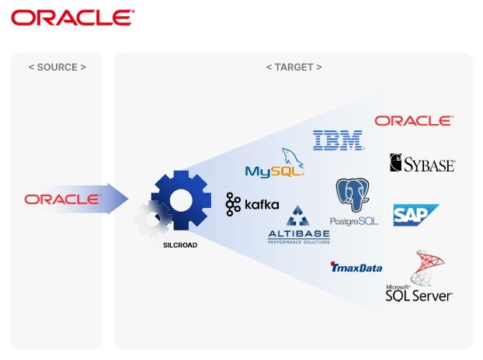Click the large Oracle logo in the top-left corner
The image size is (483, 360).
pyautogui.click(x=72, y=17)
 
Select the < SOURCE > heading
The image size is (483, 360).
pyautogui.click(x=57, y=67)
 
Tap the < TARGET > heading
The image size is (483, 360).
pyautogui.click(x=294, y=67)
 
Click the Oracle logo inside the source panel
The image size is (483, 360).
pyautogui.click(x=63, y=199)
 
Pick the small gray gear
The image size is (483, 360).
pyautogui.click(x=151, y=219)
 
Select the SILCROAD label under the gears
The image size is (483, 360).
pyautogui.click(x=180, y=245)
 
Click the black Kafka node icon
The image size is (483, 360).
pyautogui.click(x=233, y=204)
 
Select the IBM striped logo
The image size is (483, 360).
pyautogui.click(x=339, y=140)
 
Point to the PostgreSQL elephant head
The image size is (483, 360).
pyautogui.click(x=353, y=194)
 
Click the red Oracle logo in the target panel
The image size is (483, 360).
pyautogui.click(x=413, y=120)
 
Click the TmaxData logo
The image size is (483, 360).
pyautogui.click(x=356, y=268)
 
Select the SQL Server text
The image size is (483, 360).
pyautogui.click(x=419, y=295)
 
